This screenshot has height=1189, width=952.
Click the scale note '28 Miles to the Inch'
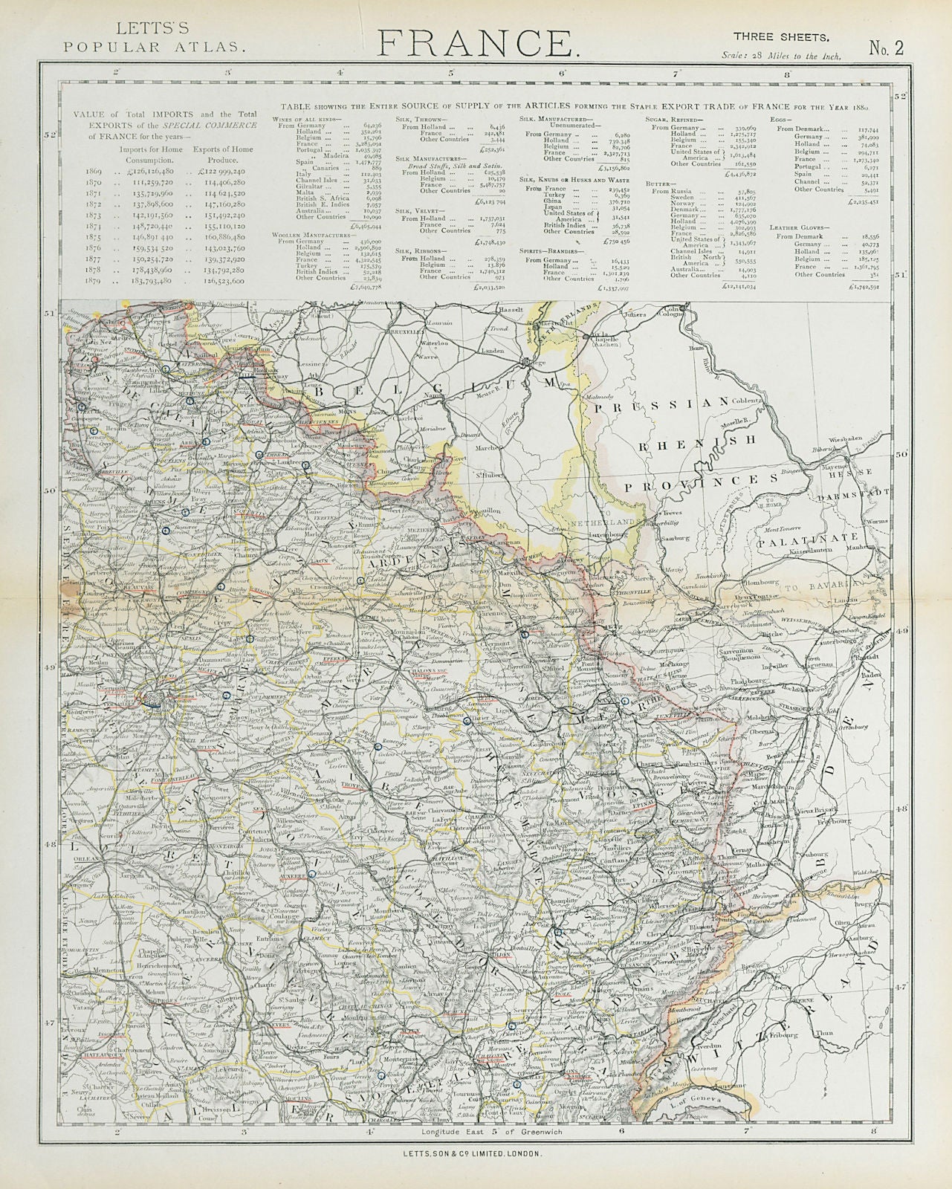[781, 56]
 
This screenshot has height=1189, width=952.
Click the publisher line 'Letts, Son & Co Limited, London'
[476, 1152]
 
